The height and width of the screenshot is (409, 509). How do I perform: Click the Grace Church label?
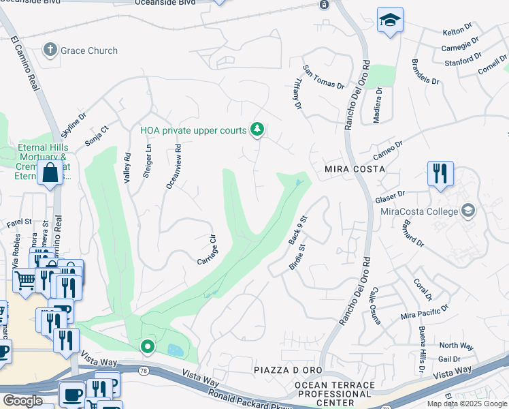coord(88,50)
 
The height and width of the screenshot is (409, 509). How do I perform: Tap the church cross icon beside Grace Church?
coord(50,50)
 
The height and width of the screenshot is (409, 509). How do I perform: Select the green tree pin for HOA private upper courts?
coord(257,129)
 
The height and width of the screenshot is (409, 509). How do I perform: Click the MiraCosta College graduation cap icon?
coord(467,211)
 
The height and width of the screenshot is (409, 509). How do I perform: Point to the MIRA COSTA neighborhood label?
coord(355,168)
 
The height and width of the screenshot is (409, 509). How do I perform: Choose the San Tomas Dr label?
coord(324,77)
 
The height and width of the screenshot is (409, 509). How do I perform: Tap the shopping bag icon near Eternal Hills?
coord(50,173)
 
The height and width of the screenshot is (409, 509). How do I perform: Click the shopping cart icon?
coord(24,279)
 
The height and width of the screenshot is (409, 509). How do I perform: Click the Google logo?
coord(22,400)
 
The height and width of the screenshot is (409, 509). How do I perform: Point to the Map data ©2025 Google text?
coord(467,404)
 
